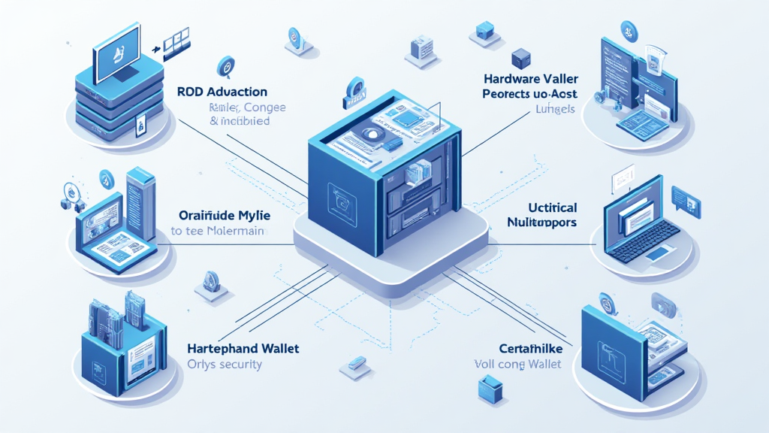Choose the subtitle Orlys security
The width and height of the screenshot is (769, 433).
tap(224, 365)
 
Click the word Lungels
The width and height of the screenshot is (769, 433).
tap(555, 110)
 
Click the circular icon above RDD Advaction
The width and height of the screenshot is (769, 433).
tap(225, 68)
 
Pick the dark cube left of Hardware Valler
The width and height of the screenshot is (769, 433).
tap(520, 58)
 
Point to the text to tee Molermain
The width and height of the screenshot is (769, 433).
tap(217, 232)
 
